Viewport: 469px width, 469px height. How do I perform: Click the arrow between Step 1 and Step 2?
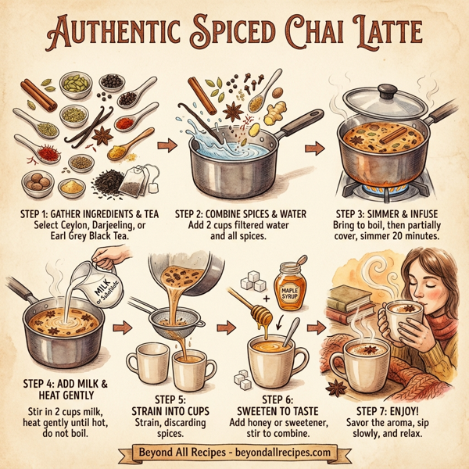[x=165, y=145]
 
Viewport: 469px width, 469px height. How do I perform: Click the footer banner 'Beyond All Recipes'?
[x=234, y=451]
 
